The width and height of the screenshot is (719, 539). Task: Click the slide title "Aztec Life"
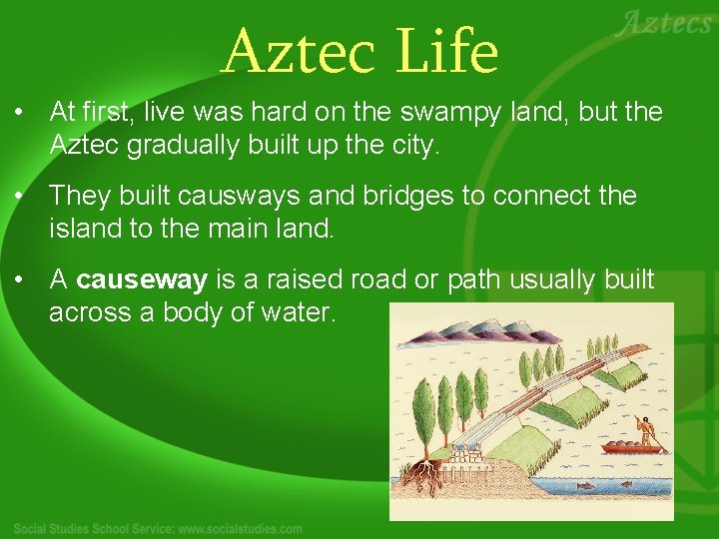click(x=359, y=52)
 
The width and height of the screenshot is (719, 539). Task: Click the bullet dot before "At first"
click(x=20, y=113)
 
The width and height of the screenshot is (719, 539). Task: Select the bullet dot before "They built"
click(x=20, y=197)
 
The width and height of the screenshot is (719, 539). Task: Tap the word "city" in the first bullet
click(x=412, y=146)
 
